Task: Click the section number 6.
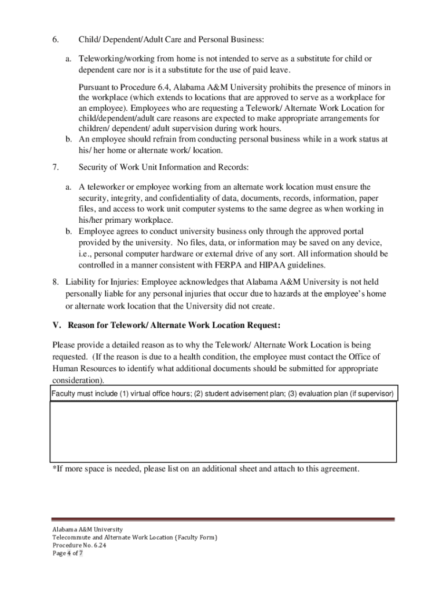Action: click(x=56, y=40)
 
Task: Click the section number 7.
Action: click(x=56, y=168)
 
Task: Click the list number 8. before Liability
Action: click(x=56, y=282)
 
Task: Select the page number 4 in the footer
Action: click(x=68, y=554)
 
